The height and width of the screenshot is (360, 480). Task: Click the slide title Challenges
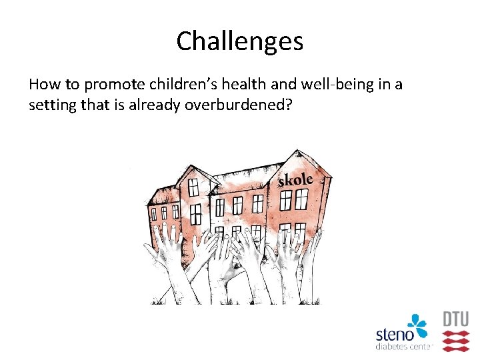pyautogui.click(x=240, y=41)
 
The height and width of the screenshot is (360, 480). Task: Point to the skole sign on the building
pyautogui.click(x=295, y=180)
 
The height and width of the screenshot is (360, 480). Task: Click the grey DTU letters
pyautogui.click(x=456, y=319)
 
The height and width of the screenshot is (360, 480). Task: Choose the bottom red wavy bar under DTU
pyautogui.click(x=456, y=347)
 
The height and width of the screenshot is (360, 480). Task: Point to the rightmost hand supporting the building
pyautogui.click(x=312, y=243)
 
